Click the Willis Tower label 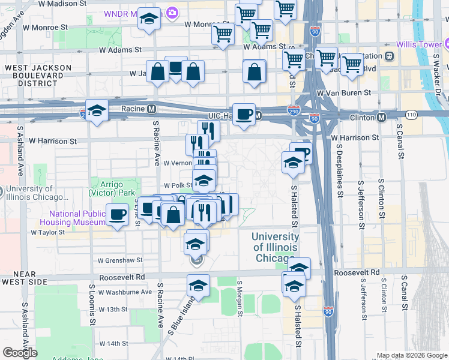pos(418,44)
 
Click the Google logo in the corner pos(20,352)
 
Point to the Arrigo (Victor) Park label pos(115,189)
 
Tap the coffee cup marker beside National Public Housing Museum pos(118,214)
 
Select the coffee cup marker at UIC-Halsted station pos(244,114)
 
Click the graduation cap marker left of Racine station pos(96,110)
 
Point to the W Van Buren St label pos(345,93)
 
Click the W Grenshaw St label pos(120,260)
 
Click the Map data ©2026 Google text pos(412,355)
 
